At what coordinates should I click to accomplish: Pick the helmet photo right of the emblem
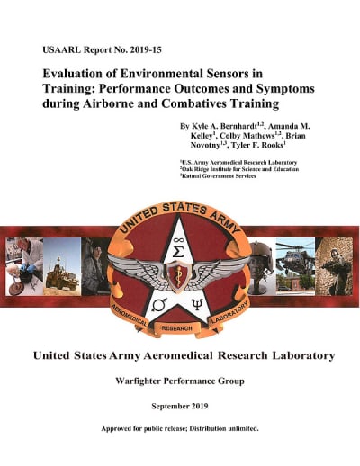[261, 256]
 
